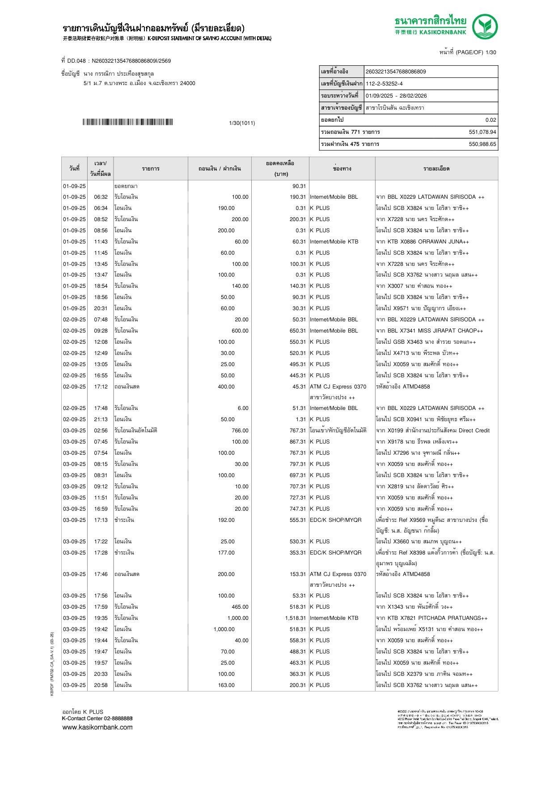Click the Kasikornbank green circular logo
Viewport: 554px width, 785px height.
[485, 27]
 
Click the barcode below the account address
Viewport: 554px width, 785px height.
[127, 122]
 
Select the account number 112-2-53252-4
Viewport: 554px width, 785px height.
[384, 84]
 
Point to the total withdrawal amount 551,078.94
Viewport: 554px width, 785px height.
[482, 132]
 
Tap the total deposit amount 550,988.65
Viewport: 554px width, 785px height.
[482, 144]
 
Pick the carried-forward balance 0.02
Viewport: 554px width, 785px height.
[491, 120]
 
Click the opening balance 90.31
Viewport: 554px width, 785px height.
[299, 186]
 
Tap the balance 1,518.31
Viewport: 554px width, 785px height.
[296, 618]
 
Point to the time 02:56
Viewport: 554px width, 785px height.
[101, 431]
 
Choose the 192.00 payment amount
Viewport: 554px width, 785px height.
[226, 520]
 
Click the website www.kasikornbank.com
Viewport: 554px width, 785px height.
[97, 727]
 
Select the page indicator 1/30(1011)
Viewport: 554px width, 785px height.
[242, 123]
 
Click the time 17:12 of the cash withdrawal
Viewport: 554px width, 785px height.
[101, 387]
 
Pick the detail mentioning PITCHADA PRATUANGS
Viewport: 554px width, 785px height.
[431, 618]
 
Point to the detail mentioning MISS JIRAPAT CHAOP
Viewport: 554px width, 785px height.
[429, 331]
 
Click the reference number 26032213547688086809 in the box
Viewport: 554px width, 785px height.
[396, 72]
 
